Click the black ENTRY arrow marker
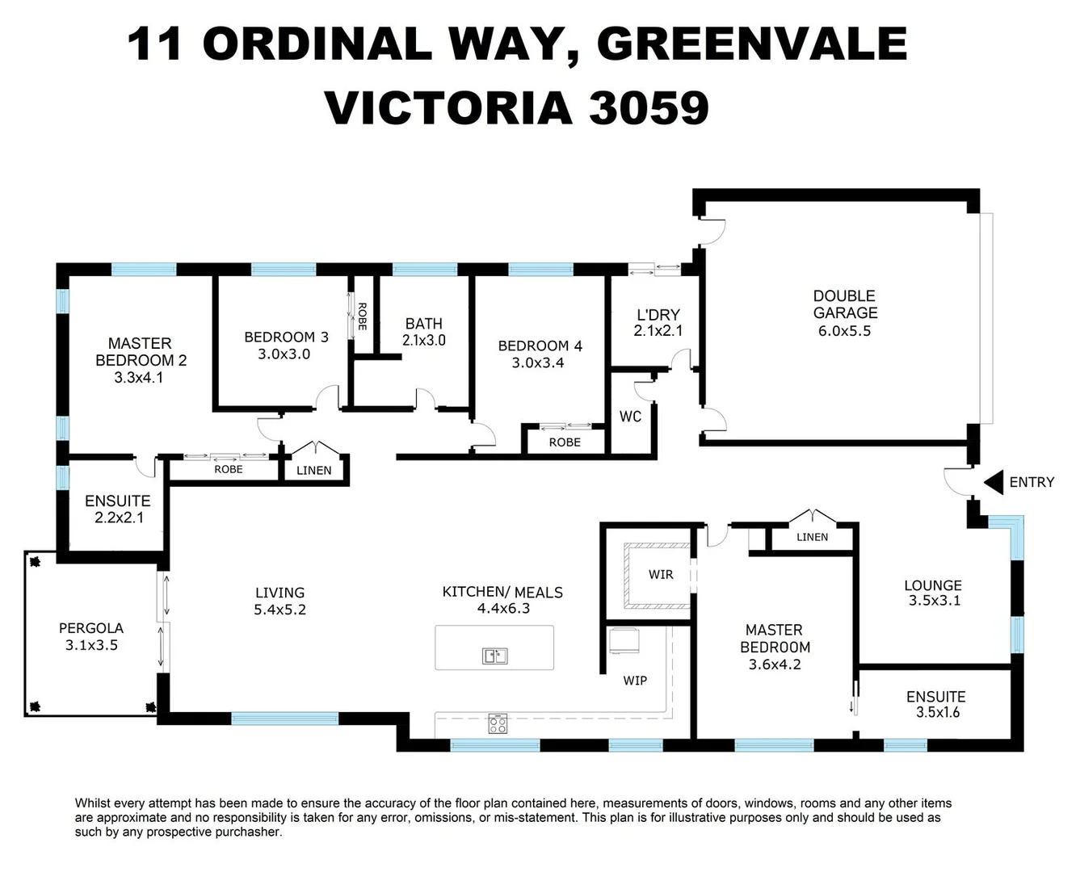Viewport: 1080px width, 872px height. click(x=993, y=482)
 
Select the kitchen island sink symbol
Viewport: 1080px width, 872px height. click(x=494, y=656)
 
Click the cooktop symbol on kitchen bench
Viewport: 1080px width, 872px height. click(x=498, y=724)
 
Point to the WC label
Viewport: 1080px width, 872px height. click(x=630, y=417)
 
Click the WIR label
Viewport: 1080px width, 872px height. click(x=660, y=575)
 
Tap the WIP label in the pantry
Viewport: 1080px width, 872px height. click(x=635, y=681)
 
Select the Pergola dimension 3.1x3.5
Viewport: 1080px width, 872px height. click(x=91, y=645)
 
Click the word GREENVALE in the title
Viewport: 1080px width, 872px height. click(x=751, y=44)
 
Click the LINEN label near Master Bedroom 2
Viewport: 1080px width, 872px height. click(x=313, y=470)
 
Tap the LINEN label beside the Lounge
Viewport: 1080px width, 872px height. click(x=812, y=537)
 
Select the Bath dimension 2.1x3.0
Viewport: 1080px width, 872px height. click(x=424, y=341)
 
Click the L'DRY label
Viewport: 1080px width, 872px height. click(x=658, y=314)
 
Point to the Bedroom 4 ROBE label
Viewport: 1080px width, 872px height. click(x=565, y=442)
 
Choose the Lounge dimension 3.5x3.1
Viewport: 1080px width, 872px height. click(x=933, y=601)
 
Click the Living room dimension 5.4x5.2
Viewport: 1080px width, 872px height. click(x=279, y=610)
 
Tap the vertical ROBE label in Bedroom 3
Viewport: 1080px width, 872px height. click(x=362, y=317)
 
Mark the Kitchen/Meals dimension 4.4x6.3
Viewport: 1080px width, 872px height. click(x=502, y=609)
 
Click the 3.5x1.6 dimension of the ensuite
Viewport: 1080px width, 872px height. click(x=937, y=712)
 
